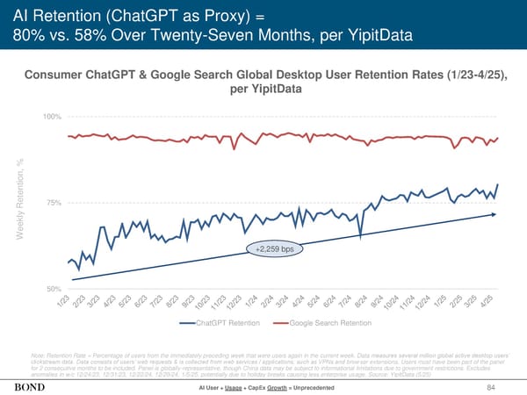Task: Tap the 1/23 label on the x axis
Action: (63, 301)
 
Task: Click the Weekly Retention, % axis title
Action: (18, 203)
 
